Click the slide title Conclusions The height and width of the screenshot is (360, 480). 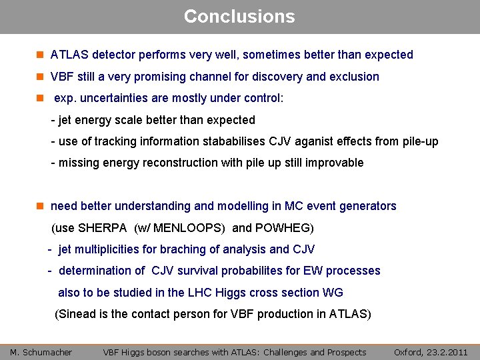click(239, 16)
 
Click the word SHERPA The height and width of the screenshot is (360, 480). click(102, 228)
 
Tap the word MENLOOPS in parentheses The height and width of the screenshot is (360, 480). click(189, 228)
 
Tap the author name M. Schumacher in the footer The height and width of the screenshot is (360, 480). click(41, 352)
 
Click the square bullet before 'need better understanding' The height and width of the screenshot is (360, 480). click(40, 206)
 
